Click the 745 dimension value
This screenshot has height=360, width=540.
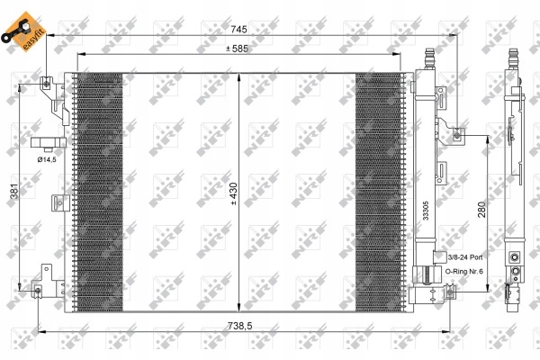click(x=238, y=30)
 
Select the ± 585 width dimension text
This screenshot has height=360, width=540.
click(x=237, y=49)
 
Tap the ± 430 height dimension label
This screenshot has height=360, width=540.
click(x=234, y=193)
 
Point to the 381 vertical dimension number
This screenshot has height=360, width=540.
click(x=14, y=191)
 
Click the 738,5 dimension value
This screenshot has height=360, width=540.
click(x=240, y=326)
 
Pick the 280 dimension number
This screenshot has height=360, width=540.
click(x=481, y=210)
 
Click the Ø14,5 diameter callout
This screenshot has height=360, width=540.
click(x=47, y=159)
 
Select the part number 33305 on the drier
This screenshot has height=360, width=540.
click(x=426, y=211)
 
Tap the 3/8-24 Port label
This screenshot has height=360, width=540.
click(x=465, y=257)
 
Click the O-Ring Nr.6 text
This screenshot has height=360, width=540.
click(x=463, y=272)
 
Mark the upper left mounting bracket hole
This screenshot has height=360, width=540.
click(x=47, y=83)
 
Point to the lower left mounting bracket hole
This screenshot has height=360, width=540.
click(x=38, y=292)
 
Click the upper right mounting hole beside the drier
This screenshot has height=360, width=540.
click(x=457, y=135)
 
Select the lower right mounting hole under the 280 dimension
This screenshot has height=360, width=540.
click(x=450, y=292)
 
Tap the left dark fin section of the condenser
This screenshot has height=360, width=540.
click(x=99, y=193)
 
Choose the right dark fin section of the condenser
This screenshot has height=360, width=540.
click(x=379, y=193)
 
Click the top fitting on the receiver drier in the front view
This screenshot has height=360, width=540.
click(x=429, y=58)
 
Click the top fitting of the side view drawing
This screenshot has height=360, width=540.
click(x=514, y=58)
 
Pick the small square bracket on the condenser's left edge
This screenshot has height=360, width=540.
click(x=60, y=202)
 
